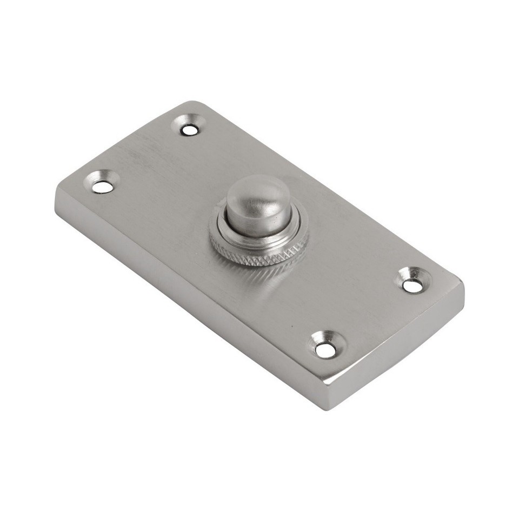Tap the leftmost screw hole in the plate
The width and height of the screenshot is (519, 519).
click(102, 187)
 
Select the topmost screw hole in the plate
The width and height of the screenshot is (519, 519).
click(189, 129)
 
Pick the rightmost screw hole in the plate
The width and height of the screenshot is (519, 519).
click(413, 286)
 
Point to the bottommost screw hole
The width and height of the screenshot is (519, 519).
click(325, 350)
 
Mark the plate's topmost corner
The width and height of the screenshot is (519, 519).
click(192, 102)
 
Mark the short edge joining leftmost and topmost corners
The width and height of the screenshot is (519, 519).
click(124, 143)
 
